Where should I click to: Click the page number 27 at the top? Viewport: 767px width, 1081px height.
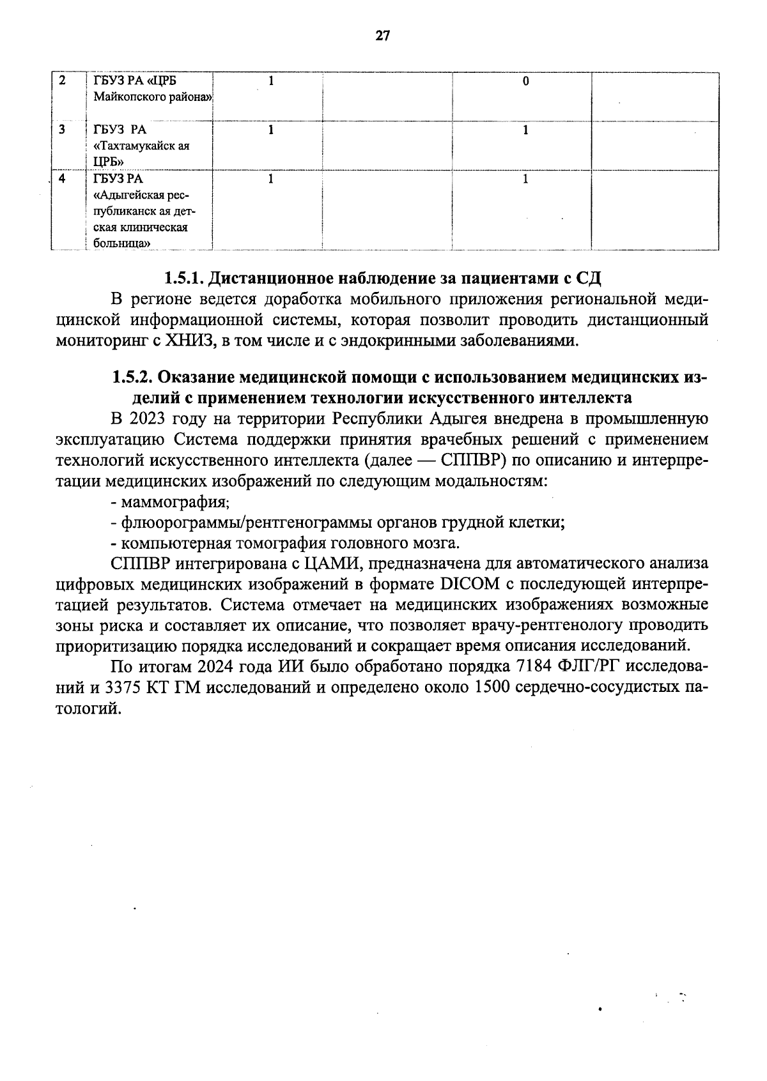(x=382, y=36)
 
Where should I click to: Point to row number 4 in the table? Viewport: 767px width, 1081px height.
(x=62, y=179)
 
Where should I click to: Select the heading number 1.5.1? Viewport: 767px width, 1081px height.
(x=183, y=279)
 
